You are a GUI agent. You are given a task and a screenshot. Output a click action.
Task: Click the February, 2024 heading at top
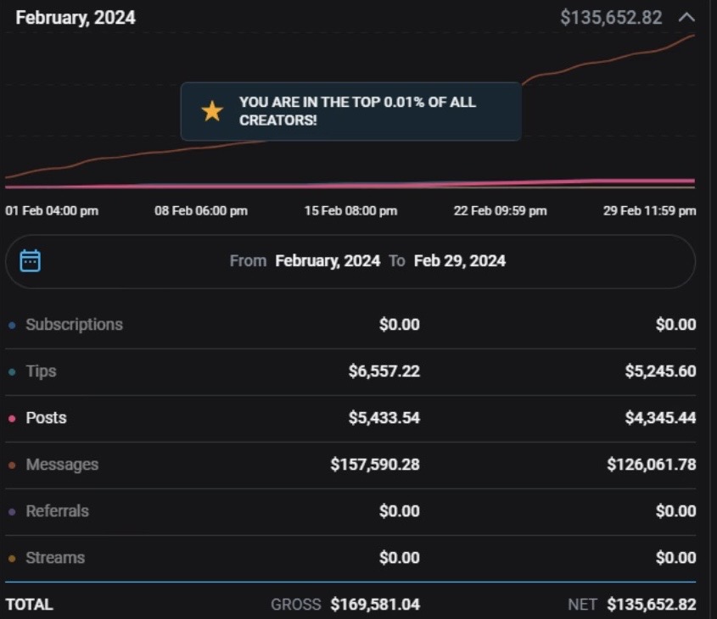(75, 18)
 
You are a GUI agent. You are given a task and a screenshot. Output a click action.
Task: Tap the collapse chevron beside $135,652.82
(686, 17)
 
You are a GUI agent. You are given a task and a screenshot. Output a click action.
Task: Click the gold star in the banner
(211, 111)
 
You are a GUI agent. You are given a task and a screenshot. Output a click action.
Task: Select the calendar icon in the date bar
(31, 260)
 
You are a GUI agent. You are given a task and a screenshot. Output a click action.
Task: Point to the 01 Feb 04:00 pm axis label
(52, 210)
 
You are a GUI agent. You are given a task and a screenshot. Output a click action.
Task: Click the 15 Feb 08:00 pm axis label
(350, 210)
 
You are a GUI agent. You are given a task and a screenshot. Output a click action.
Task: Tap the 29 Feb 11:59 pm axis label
(649, 210)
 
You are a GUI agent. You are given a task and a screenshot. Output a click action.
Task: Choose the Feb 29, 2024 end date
(459, 261)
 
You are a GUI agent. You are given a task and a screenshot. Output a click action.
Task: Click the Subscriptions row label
(74, 325)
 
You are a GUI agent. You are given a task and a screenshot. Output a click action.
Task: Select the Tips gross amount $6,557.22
(384, 371)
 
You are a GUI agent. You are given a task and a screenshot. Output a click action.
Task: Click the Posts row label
(46, 418)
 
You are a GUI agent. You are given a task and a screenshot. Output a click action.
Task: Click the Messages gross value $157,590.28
(375, 465)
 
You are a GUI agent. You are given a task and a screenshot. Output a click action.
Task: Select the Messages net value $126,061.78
(651, 465)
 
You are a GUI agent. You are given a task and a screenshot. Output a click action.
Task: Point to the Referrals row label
(57, 511)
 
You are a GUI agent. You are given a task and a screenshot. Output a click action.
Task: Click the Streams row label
(54, 558)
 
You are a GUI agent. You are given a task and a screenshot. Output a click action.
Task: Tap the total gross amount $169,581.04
(375, 605)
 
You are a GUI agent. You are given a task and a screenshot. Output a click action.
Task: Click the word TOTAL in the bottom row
(29, 605)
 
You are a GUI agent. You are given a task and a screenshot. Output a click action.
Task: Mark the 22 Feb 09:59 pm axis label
(500, 210)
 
